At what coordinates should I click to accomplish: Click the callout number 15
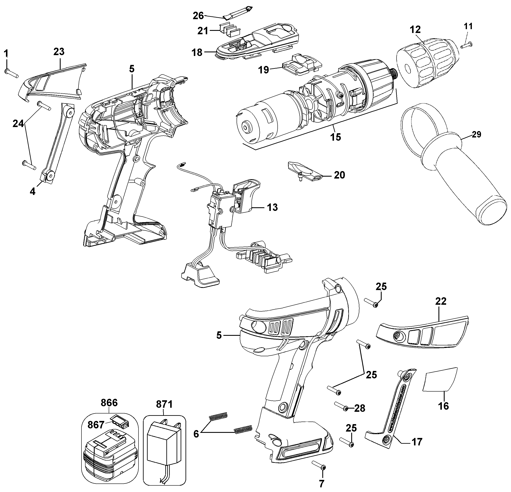335,137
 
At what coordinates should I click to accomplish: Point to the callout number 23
59,52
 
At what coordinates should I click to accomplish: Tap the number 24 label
18,123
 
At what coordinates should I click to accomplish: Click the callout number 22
441,301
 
